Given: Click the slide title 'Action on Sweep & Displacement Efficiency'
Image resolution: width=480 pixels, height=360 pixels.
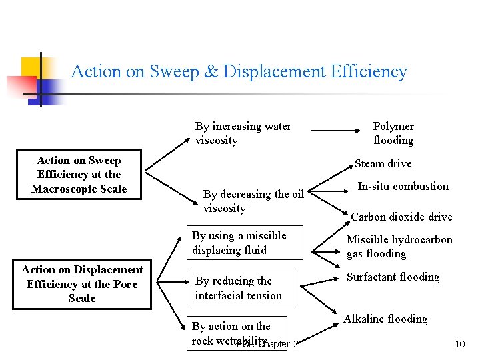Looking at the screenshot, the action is pyautogui.click(x=239, y=71).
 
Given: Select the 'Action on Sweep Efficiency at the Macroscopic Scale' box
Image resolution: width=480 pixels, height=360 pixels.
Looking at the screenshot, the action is pyautogui.click(x=79, y=175).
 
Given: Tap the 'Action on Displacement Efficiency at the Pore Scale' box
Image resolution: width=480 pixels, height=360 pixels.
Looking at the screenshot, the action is pyautogui.click(x=82, y=284).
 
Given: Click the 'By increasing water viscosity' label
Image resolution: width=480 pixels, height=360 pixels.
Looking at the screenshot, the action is pyautogui.click(x=243, y=133).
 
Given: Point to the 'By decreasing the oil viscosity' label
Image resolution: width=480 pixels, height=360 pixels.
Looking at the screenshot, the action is pyautogui.click(x=253, y=201).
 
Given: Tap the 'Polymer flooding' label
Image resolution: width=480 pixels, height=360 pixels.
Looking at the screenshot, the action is pyautogui.click(x=393, y=133).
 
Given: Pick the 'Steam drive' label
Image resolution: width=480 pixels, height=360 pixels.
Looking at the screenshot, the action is pyautogui.click(x=383, y=163).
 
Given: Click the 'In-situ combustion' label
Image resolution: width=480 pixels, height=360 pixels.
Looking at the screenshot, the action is pyautogui.click(x=403, y=186).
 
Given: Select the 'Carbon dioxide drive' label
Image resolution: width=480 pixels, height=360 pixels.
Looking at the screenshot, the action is pyautogui.click(x=401, y=217).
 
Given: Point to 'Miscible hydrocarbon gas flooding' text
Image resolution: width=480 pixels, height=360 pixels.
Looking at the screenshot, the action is pyautogui.click(x=399, y=247).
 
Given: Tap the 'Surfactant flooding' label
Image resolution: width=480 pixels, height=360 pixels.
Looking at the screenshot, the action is pyautogui.click(x=393, y=277).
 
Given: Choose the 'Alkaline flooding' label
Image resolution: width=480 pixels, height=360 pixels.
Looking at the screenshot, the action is pyautogui.click(x=385, y=319).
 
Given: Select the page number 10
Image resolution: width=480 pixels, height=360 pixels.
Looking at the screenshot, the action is pyautogui.click(x=459, y=344).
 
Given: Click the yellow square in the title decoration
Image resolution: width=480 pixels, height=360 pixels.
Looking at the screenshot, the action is pyautogui.click(x=33, y=69).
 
